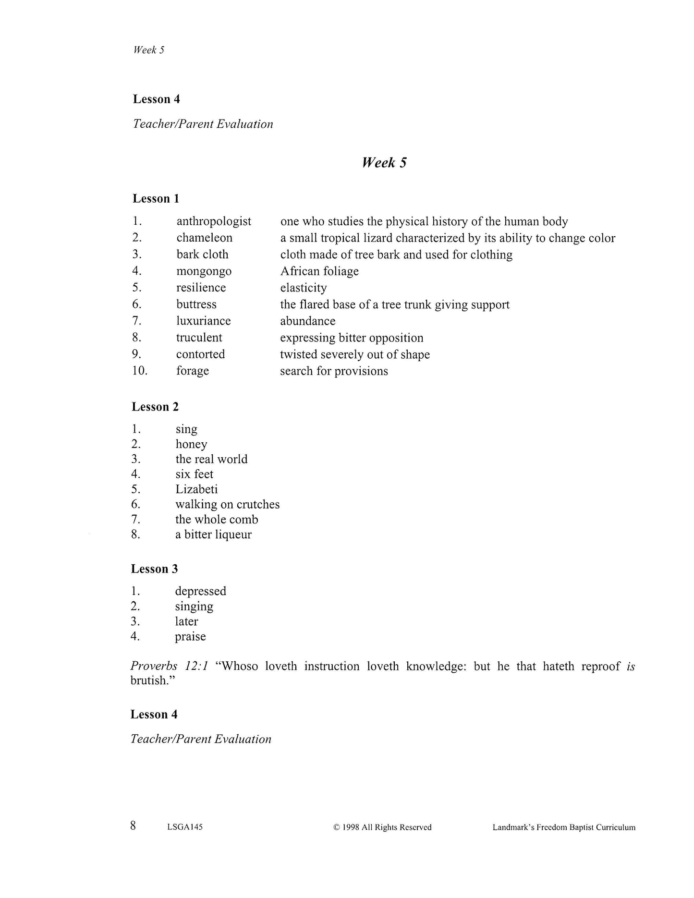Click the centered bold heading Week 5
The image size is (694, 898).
384,163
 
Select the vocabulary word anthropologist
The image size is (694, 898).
214,221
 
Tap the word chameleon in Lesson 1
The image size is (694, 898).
204,238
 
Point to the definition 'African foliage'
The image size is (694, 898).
319,271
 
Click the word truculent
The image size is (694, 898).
199,338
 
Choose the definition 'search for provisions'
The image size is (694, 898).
334,371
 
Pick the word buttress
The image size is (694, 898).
196,304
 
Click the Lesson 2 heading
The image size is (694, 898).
155,407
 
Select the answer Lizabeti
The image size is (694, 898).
196,489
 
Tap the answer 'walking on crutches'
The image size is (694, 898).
227,504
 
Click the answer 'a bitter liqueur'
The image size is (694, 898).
213,534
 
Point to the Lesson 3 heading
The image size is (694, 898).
154,569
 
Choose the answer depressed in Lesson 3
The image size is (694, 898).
200,591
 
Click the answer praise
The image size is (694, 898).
190,637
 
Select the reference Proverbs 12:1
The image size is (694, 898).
169,667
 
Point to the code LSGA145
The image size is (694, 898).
185,827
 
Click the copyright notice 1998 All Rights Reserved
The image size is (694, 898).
382,827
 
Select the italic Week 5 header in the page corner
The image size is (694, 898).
149,50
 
